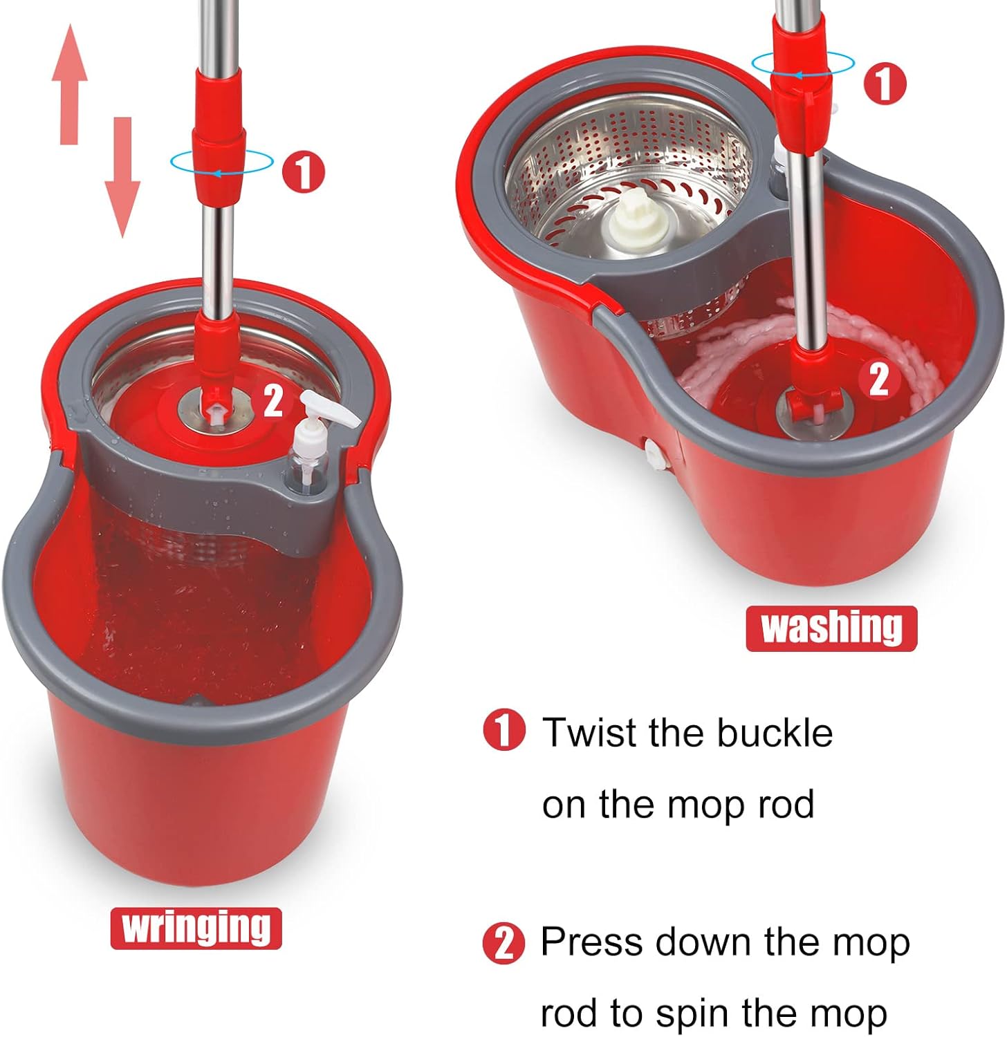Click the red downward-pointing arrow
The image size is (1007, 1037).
(122, 176)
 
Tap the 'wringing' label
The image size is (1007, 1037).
(196, 928)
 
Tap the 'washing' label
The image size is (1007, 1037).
(831, 628)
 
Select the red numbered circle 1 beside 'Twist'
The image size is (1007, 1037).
(505, 731)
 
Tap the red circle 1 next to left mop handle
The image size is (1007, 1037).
(302, 171)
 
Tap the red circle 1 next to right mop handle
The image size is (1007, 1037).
(884, 84)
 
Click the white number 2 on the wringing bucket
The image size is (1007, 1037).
(273, 400)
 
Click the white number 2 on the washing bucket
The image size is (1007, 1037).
(878, 379)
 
